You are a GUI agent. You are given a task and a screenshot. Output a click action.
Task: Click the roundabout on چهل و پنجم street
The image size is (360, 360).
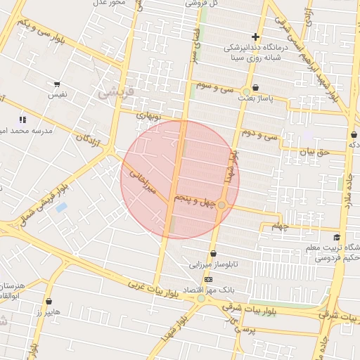(x=221, y=205)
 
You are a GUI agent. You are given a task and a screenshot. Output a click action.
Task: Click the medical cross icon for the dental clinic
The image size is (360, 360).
(x=255, y=37)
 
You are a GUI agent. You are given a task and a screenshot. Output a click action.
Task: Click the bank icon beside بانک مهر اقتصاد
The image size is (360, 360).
(x=208, y=279)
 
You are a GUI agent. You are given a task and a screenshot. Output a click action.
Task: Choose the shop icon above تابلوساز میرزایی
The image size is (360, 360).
(x=213, y=254)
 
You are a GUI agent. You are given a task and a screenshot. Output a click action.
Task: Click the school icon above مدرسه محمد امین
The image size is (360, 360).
(x=23, y=120)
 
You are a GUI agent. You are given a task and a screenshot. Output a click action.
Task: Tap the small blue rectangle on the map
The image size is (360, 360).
(x=61, y=207)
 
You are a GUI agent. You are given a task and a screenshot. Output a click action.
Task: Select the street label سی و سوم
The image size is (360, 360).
(x=214, y=86)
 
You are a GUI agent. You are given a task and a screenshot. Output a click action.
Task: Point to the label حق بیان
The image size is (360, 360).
(x=314, y=150)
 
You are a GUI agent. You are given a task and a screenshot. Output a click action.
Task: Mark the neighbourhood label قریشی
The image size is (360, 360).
(x=110, y=91)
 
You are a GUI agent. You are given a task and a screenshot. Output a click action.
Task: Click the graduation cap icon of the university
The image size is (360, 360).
(x=337, y=237)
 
